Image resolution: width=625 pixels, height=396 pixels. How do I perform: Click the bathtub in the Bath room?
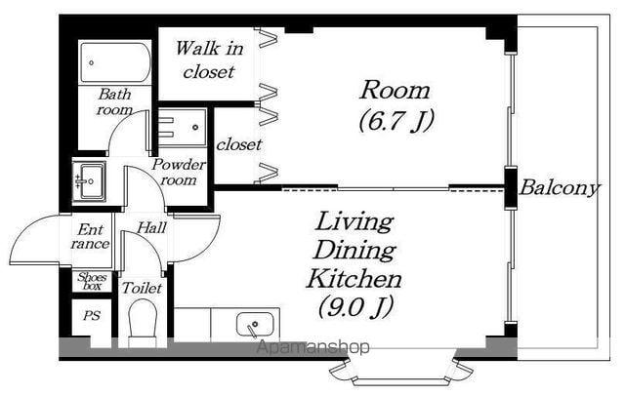pos(115,61)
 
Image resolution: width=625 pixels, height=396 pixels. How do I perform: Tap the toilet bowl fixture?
pos(142,323)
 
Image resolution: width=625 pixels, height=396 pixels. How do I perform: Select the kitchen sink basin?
pos(255,325)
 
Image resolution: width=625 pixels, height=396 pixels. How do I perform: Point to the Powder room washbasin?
pos(89,181)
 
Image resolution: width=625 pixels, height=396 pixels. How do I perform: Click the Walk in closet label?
pos(209,60)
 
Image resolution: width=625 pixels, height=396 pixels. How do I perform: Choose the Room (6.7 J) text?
pos(396,105)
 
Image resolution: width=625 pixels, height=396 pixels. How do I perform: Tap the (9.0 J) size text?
pos(355,306)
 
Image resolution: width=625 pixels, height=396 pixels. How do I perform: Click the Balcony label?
pos(559,188)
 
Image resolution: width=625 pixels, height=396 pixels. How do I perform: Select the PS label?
pos(92,316)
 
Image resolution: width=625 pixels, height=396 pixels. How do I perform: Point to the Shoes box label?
pos(92,281)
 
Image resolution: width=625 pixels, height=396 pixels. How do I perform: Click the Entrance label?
pos(90,236)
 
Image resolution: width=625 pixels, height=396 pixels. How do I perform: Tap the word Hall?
pos(151,228)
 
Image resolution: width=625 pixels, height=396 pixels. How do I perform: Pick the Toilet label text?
pos(142,288)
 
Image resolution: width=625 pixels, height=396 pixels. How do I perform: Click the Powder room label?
pos(179,172)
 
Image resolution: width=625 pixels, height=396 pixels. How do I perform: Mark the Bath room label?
pos(115,101)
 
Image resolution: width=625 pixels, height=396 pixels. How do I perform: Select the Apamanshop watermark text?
pos(312,347)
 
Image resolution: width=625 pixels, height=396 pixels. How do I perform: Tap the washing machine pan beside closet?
pos(183,128)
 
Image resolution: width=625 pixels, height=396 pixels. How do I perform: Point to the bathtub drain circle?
pos(91,62)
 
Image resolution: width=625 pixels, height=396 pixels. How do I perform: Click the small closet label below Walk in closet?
pos(239,144)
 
